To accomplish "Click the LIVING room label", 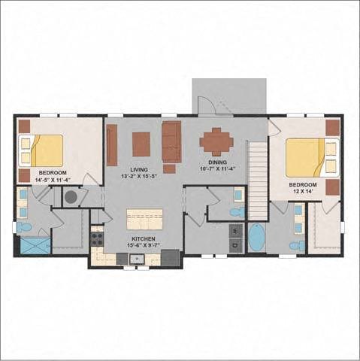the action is point(139,170).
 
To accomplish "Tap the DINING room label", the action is point(217,162).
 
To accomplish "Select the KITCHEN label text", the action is point(144,239).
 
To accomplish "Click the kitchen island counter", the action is point(144,219).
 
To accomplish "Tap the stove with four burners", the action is point(97,238).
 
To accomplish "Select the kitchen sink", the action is point(137,259).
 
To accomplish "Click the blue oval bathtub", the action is point(257,238).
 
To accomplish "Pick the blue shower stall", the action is point(35,246).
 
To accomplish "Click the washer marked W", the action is point(236,231).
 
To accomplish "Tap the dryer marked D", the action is point(236,245).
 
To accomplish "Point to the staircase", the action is point(258,180).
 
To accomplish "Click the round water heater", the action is point(71,197).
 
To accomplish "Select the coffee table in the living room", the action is point(141,144).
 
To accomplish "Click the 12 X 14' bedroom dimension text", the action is point(302,190).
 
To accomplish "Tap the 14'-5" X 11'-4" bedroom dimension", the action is point(53,179).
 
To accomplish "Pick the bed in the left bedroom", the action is point(41,150).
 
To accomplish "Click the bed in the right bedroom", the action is point(313,157).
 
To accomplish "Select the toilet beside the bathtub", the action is point(297,245).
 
